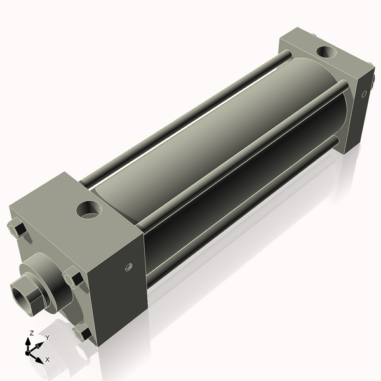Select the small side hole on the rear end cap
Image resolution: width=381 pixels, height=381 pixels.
point(364,95)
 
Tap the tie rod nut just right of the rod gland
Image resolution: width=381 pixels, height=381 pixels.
point(74,278)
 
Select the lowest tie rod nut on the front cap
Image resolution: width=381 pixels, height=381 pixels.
point(82,332)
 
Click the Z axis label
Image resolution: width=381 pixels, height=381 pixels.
point(30,333)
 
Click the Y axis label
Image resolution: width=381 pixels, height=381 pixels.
point(47,337)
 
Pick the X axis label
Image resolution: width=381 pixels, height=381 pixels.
point(47,359)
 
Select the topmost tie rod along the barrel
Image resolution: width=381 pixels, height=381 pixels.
point(184,114)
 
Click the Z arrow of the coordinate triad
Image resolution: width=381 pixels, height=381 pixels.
point(29,342)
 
